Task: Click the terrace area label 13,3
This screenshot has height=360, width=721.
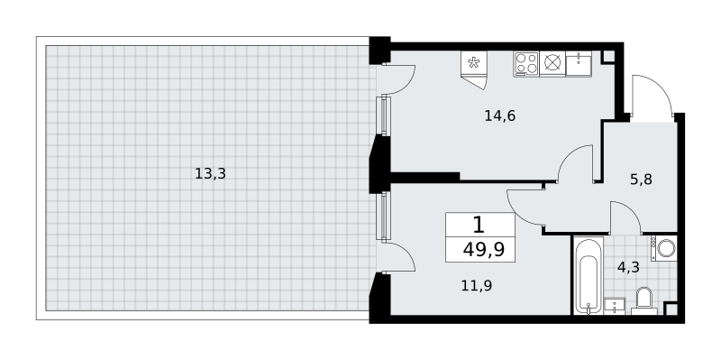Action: click(x=210, y=174)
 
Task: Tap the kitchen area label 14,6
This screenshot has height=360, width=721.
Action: click(x=500, y=116)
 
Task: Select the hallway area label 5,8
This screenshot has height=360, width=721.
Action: click(x=641, y=179)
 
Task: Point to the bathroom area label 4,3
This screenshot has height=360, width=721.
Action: click(x=628, y=267)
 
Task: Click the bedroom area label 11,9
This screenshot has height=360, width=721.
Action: click(x=477, y=286)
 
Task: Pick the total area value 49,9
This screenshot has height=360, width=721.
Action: click(x=484, y=250)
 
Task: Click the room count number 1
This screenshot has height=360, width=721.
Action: click(x=479, y=226)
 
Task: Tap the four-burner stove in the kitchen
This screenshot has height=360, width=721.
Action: click(x=526, y=63)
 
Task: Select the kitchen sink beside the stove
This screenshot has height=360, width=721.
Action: click(x=579, y=63)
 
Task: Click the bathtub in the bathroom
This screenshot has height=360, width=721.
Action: click(x=588, y=276)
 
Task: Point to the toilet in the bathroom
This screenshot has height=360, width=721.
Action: click(x=643, y=300)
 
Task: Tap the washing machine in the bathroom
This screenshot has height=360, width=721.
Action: click(x=664, y=249)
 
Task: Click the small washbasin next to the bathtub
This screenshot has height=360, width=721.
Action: click(x=615, y=305)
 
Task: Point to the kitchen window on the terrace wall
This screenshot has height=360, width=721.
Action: click(x=383, y=115)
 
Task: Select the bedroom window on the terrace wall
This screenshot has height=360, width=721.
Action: click(x=383, y=216)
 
